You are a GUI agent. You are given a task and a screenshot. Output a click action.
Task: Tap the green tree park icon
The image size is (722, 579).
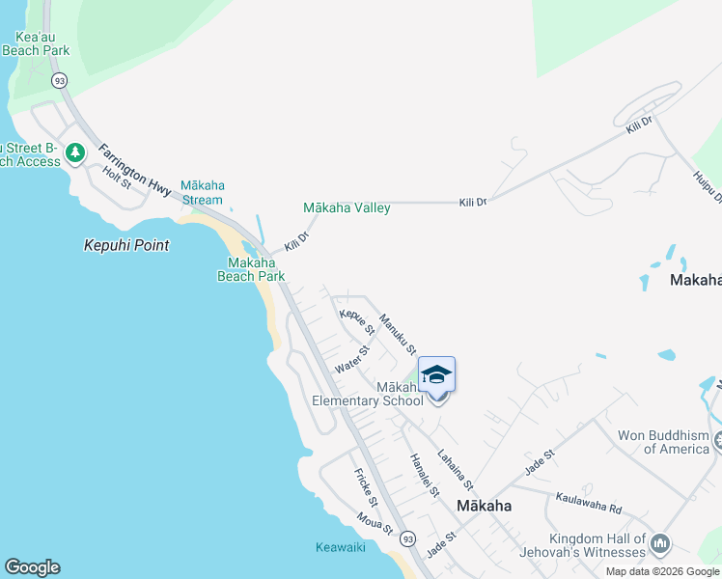coord(75,152)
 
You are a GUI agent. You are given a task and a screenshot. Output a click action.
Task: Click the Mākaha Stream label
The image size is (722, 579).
coord(202,192)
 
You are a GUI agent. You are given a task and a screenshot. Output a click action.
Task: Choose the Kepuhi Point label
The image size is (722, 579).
coord(126,245)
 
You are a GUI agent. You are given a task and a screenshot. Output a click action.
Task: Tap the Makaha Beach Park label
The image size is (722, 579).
coord(256,269)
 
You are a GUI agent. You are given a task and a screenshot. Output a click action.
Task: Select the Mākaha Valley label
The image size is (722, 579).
coord(347,207)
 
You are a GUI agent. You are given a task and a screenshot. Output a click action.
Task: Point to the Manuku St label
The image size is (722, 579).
coord(398,333)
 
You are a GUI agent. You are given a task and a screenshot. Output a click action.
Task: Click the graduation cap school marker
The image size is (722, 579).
coord(436,374)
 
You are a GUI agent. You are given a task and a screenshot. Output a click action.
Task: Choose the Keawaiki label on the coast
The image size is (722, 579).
coord(340,547)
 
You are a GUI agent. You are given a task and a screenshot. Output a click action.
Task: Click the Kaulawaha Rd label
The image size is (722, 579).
coord(587,503)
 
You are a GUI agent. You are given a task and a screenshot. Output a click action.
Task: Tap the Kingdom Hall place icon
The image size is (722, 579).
coord(660,544)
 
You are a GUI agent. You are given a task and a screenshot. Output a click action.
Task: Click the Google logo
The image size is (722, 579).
coord(32,567)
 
